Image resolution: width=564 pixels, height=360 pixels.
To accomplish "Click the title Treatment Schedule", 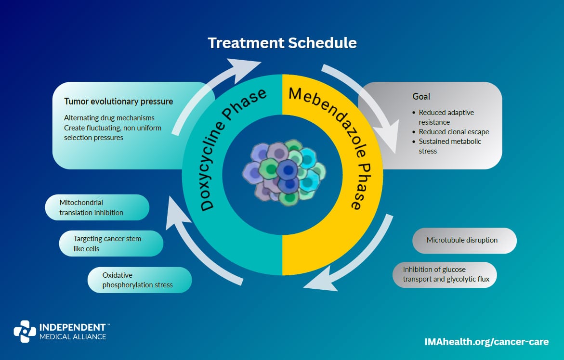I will [282, 43].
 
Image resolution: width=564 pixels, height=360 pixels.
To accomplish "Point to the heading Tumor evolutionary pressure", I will [118, 102].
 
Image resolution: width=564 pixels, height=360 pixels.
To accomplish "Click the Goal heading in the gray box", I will [421, 96].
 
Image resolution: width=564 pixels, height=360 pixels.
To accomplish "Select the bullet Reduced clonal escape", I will [454, 131].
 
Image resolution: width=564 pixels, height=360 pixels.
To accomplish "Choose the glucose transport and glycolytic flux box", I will [444, 274].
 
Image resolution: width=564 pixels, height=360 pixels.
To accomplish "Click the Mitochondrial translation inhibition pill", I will [97, 207].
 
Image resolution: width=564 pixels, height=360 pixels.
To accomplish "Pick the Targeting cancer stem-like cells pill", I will [111, 243].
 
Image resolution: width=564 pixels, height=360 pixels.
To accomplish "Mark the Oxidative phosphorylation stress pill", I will [139, 280].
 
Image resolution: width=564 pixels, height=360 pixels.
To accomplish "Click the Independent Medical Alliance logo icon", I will [25, 331].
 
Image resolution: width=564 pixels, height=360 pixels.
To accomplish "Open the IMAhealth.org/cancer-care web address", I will [486, 342].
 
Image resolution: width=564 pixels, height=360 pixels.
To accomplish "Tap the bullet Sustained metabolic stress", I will [449, 146].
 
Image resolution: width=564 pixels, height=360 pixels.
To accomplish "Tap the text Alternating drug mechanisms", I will [109, 118].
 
